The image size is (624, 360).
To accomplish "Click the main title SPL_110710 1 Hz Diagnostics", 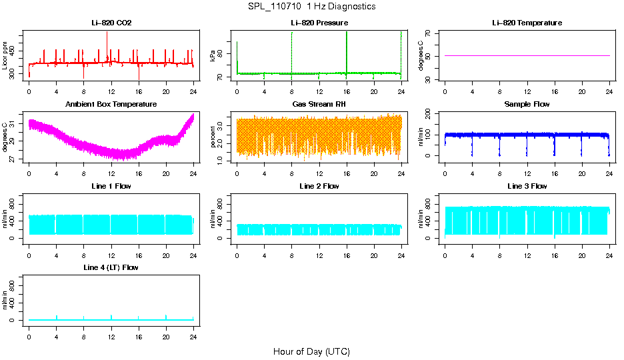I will [311, 7].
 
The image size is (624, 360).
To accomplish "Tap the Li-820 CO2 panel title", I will [111, 23].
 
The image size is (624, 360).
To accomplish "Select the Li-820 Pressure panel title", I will [319, 23].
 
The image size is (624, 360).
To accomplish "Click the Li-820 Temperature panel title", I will [527, 23].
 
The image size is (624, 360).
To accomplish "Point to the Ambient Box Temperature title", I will [111, 105].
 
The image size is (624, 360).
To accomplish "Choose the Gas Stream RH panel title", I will [319, 105].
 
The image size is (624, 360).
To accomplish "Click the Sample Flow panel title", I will [527, 105].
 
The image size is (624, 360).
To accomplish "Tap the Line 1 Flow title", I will [111, 186].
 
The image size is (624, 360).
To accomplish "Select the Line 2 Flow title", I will [319, 186].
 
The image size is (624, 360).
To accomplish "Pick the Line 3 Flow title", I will [527, 186].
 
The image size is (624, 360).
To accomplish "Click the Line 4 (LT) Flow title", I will [111, 267].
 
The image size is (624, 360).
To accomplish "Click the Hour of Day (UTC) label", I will [311, 351].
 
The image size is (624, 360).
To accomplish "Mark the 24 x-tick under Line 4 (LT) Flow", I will [193, 336].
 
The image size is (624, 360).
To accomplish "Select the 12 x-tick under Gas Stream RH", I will [319, 173].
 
